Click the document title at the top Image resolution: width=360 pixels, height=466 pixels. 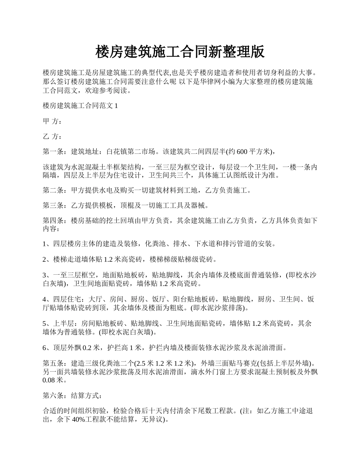pos(180,52)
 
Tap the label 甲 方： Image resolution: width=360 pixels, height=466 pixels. pos(52,121)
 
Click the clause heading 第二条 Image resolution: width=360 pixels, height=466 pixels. pos(53,191)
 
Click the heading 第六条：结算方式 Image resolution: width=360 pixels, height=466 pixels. pos(72,396)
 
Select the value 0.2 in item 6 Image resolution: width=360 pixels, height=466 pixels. pos(88,347)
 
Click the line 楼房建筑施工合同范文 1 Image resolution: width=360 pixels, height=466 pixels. pos(80,106)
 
